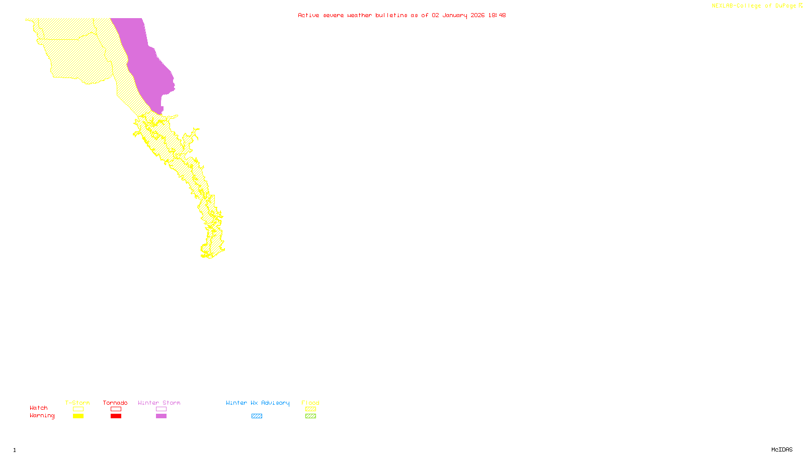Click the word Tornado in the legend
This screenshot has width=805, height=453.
pyautogui.click(x=115, y=403)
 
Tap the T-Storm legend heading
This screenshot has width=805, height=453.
pyautogui.click(x=77, y=403)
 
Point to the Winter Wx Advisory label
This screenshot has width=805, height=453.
pyautogui.click(x=258, y=403)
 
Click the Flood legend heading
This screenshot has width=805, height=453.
pyautogui.click(x=310, y=403)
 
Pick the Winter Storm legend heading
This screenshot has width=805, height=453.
pyautogui.click(x=159, y=403)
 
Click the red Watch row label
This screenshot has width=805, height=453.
pyautogui.click(x=39, y=408)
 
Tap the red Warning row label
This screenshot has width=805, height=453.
pyautogui.click(x=42, y=416)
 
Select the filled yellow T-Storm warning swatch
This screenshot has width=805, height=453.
pyautogui.click(x=78, y=416)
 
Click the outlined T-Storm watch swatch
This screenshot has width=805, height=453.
pyautogui.click(x=78, y=409)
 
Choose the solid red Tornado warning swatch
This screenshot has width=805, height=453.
pyautogui.click(x=116, y=416)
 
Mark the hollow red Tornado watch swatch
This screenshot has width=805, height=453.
pyautogui.click(x=116, y=409)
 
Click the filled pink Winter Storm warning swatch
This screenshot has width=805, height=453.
pyautogui.click(x=162, y=416)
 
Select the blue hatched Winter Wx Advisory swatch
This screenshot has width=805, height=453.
pyautogui.click(x=257, y=416)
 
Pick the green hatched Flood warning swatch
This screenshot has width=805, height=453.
pyautogui.click(x=311, y=416)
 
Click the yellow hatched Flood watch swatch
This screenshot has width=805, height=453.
pyautogui.click(x=311, y=409)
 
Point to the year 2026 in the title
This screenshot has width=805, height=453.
pyautogui.click(x=478, y=15)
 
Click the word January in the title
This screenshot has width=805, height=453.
pyautogui.click(x=455, y=15)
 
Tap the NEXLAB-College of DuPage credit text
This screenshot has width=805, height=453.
pyautogui.click(x=754, y=6)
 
